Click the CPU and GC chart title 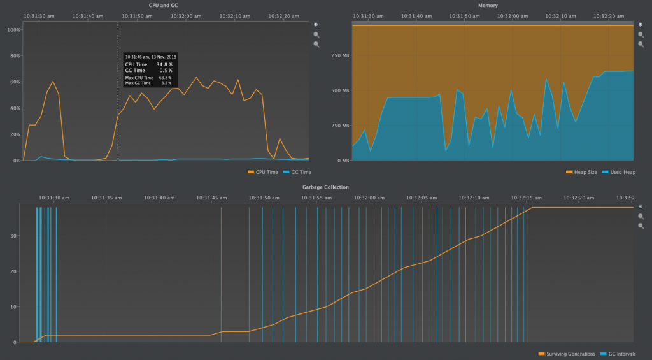(163, 5)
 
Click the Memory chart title (488, 5)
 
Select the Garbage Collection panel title (325, 187)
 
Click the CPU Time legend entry (266, 172)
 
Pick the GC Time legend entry (300, 172)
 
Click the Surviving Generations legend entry (570, 354)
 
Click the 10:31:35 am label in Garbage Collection (106, 198)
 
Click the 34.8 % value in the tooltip (164, 64)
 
